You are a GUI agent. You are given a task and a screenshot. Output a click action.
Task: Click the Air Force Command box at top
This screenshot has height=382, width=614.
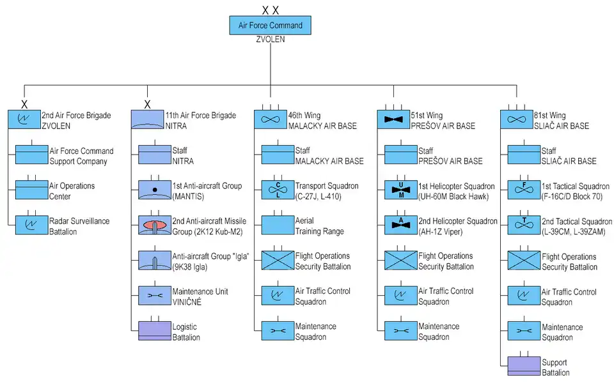click(x=271, y=26)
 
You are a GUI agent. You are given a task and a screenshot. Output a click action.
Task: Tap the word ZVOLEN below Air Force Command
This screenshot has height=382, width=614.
click(x=270, y=40)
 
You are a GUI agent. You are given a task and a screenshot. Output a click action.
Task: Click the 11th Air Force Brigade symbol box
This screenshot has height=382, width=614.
click(x=147, y=119)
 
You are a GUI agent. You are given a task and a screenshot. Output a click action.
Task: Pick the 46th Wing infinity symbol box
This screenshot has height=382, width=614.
click(x=270, y=119)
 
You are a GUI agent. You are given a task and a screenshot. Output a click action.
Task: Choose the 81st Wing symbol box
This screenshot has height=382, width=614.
click(x=516, y=119)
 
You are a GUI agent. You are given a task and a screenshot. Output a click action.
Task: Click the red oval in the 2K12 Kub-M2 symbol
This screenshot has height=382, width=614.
click(x=155, y=225)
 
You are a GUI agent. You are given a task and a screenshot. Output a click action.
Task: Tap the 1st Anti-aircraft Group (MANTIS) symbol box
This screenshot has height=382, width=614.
click(x=155, y=190)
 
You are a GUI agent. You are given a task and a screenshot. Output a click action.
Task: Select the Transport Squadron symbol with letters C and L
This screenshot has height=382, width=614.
click(x=278, y=190)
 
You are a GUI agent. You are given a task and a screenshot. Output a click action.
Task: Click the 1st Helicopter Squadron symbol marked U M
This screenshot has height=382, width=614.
click(x=400, y=190)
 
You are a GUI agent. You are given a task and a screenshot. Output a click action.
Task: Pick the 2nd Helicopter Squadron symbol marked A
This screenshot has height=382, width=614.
click(x=400, y=225)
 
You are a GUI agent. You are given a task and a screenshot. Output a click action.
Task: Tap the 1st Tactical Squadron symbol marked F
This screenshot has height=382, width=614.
click(x=524, y=190)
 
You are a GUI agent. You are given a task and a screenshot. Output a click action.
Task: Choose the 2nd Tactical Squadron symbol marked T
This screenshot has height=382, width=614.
click(x=524, y=225)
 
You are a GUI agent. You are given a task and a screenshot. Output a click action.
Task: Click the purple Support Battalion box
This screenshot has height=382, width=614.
click(x=524, y=366)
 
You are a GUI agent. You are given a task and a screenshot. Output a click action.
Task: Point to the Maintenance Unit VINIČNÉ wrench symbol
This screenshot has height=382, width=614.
click(x=155, y=296)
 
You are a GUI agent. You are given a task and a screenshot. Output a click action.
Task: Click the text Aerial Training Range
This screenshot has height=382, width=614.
click(x=319, y=225)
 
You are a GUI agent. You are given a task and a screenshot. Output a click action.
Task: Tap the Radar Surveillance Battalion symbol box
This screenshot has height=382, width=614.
click(x=32, y=225)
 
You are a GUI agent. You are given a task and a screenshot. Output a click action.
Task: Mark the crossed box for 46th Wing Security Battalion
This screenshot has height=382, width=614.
click(x=278, y=261)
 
